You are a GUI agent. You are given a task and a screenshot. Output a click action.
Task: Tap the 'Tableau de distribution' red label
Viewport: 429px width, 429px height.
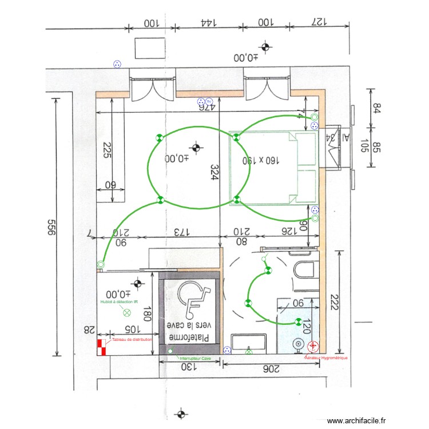pyautogui.click(x=132, y=339)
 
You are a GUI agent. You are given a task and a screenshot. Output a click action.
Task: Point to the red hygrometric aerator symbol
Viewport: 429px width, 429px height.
pyautogui.click(x=313, y=347)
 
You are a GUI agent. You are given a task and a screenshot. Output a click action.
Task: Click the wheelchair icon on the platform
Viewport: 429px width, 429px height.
pyautogui.click(x=190, y=299)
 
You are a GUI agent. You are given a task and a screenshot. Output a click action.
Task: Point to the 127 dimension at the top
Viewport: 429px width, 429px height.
pyautogui.click(x=318, y=23)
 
